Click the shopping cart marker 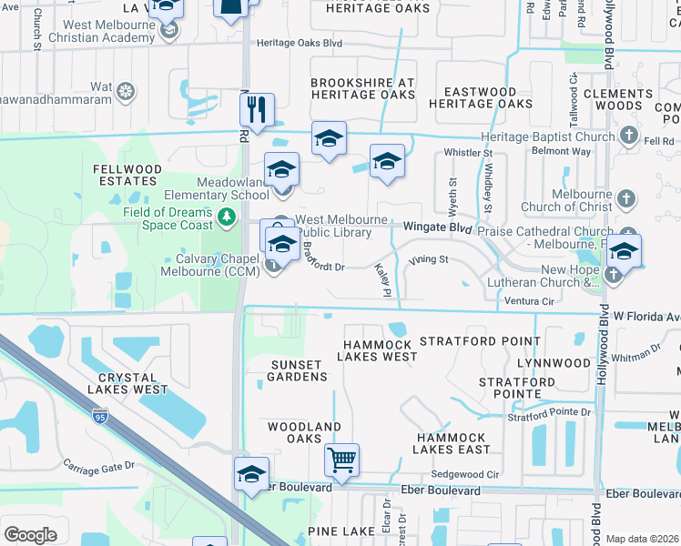(x=341, y=460)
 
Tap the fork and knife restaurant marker (x=258, y=111)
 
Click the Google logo (x=30, y=535)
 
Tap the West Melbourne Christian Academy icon (x=168, y=31)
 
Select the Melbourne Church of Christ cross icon (x=625, y=198)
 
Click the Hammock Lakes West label (x=379, y=350)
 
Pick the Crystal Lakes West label (x=135, y=383)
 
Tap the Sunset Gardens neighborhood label (x=298, y=370)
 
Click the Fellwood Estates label (x=127, y=176)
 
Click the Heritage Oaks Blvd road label (x=299, y=43)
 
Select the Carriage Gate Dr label (x=99, y=465)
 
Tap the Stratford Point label (x=480, y=341)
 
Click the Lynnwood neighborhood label (x=554, y=363)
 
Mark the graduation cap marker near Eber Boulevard (x=251, y=475)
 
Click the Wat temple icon (x=127, y=90)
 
